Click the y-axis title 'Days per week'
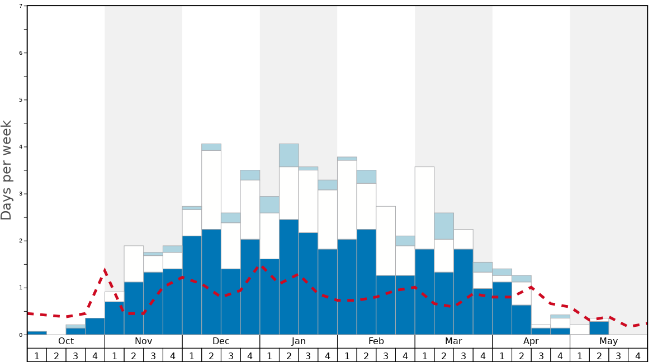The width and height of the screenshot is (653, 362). [7, 170]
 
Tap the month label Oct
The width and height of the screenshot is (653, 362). [66, 341]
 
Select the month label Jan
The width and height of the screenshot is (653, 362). [299, 341]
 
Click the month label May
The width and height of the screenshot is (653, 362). [608, 341]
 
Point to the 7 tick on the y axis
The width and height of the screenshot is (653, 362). [21, 6]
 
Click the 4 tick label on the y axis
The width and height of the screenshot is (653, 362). [21, 147]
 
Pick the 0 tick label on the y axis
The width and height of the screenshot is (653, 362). [21, 335]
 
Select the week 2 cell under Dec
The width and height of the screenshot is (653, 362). [211, 355]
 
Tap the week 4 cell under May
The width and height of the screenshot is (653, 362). [637, 355]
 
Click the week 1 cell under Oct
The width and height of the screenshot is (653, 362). [37, 355]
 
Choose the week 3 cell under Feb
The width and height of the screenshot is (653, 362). [386, 355]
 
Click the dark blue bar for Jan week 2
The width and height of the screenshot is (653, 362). [289, 277]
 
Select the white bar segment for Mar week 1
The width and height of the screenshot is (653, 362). [424, 208]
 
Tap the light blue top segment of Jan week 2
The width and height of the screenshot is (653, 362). [289, 155]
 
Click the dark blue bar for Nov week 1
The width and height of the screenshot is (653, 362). [115, 318]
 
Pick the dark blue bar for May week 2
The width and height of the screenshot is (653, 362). [599, 328]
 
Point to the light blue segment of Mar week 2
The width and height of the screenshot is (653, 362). [444, 226]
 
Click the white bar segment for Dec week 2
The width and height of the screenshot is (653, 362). [211, 190]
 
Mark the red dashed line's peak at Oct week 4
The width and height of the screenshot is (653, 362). [105, 270]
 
